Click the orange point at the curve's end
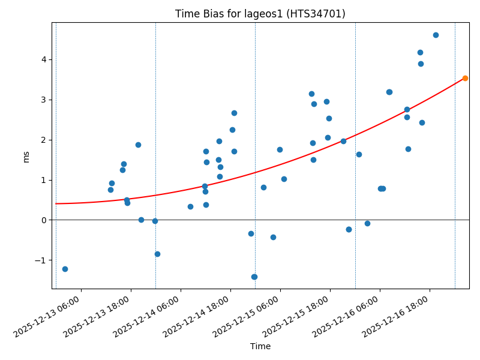click(x=465, y=78)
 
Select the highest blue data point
click(x=436, y=35)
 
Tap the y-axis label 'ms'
click(x=26, y=156)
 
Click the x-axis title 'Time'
click(x=260, y=346)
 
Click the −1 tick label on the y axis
click(x=42, y=260)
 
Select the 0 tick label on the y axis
click(x=44, y=220)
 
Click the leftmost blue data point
click(x=65, y=269)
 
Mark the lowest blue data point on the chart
click(x=254, y=277)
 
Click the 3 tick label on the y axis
click(x=44, y=100)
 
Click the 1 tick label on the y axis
click(x=44, y=180)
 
